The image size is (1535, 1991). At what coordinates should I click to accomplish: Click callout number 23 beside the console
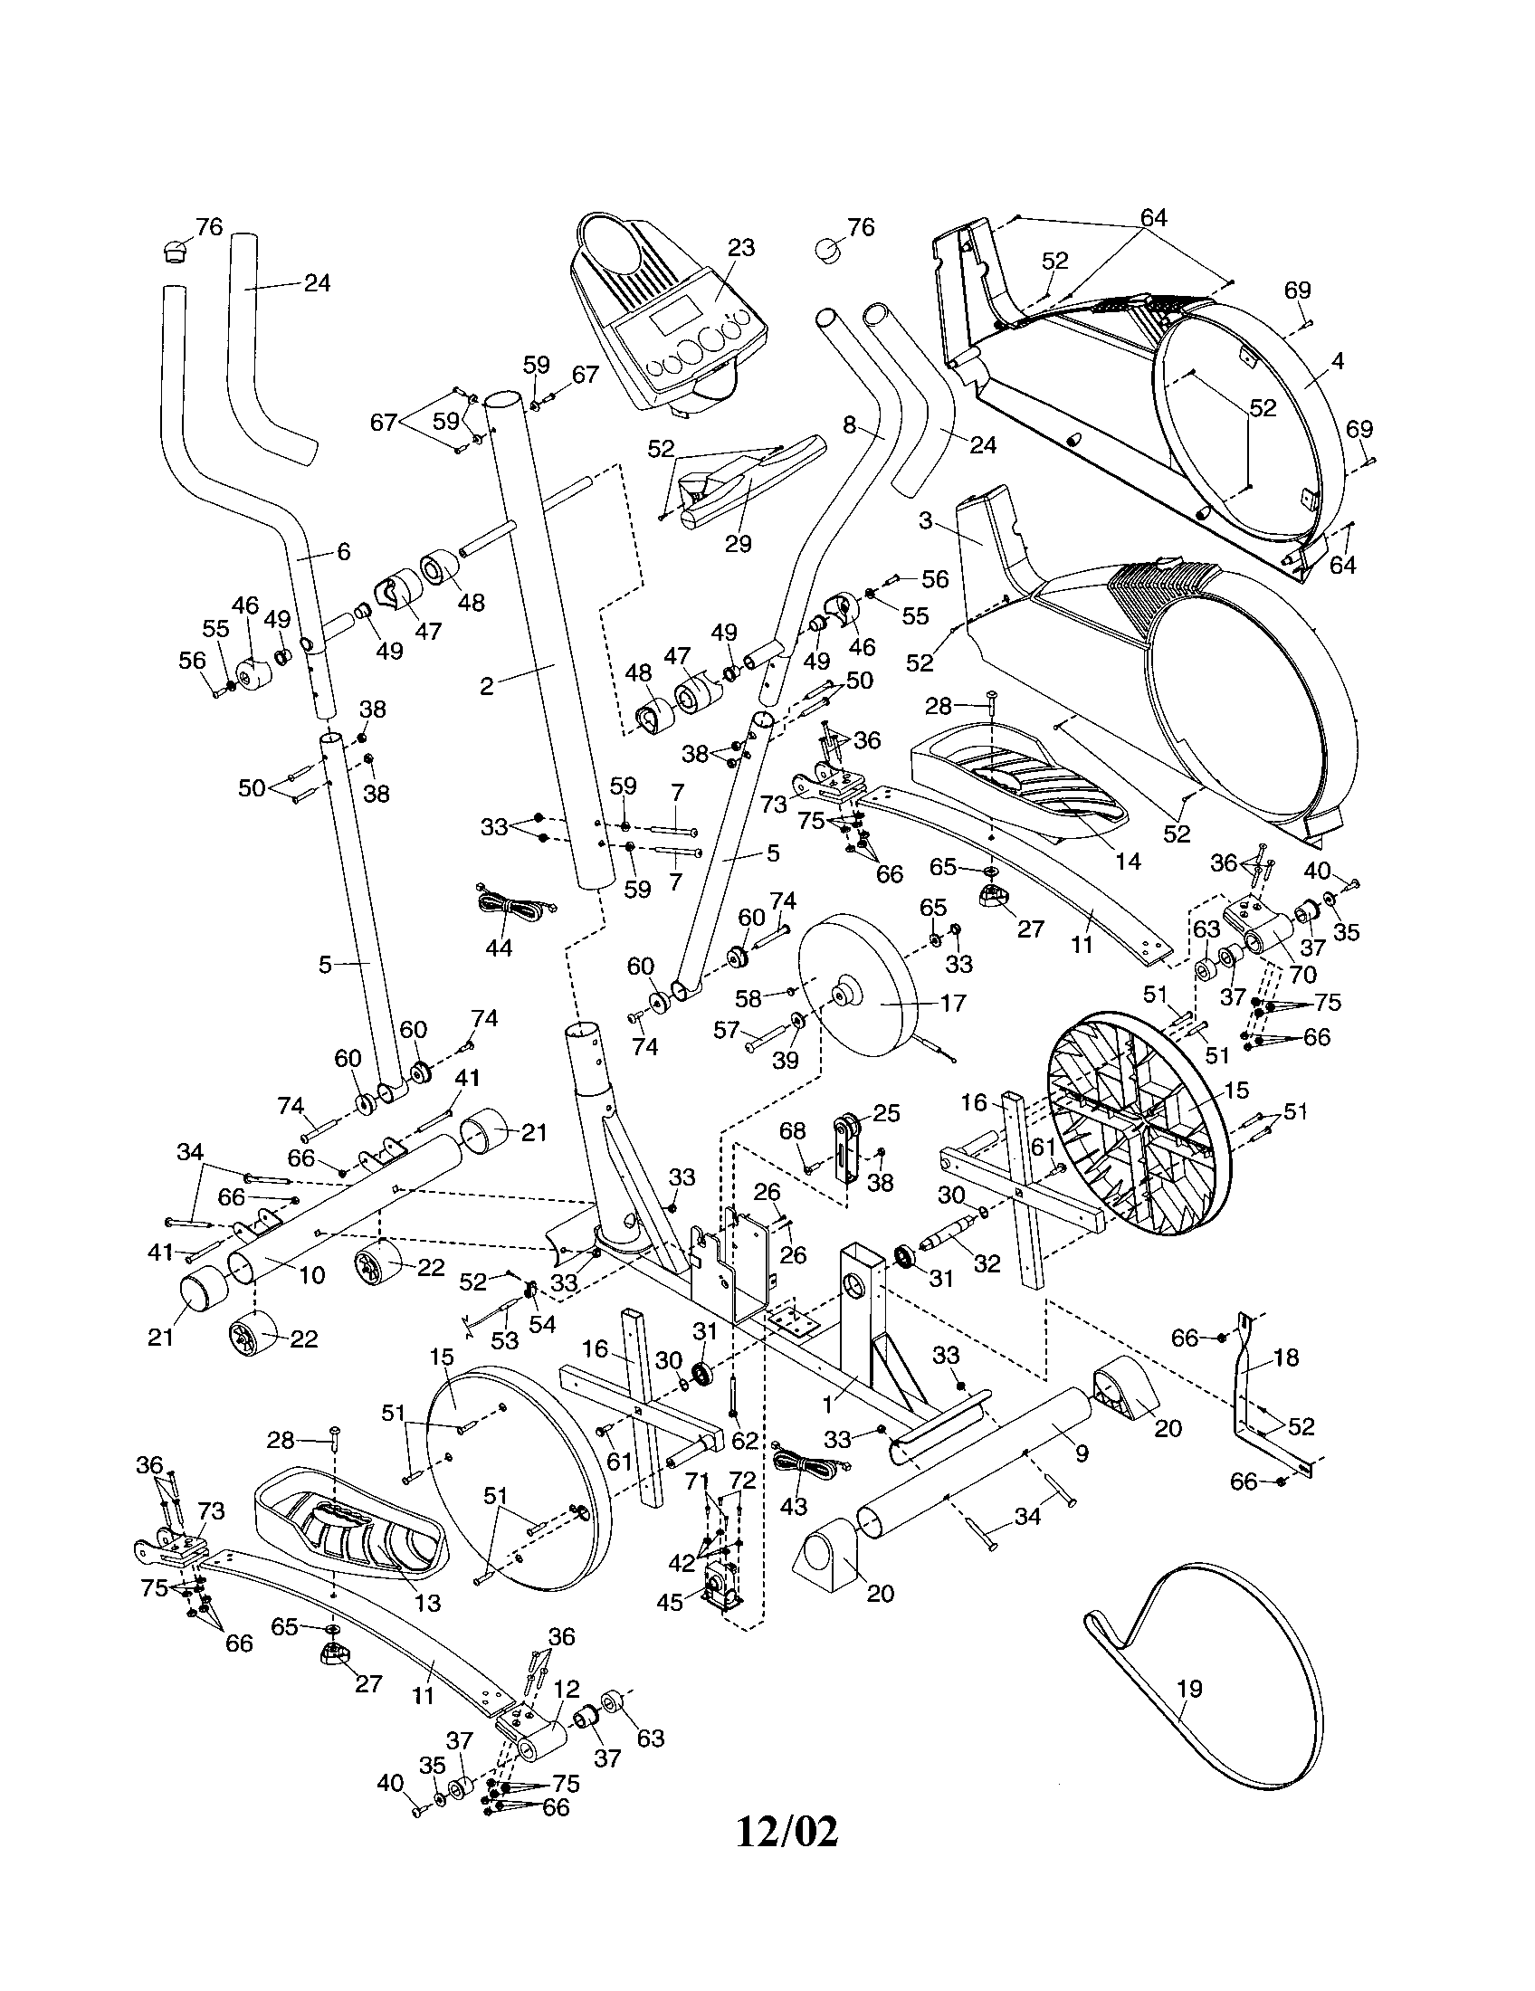tap(741, 248)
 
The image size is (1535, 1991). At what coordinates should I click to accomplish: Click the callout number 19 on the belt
tap(1189, 1690)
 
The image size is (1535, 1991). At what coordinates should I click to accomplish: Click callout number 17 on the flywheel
tap(951, 1003)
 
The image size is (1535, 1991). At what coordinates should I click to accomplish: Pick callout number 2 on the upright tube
tap(487, 687)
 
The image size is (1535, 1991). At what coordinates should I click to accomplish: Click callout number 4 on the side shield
tap(1337, 361)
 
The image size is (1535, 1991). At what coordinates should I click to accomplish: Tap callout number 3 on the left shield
tap(925, 521)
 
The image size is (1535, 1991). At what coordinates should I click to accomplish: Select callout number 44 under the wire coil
tap(498, 948)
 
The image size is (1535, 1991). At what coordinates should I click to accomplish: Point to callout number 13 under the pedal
tap(427, 1604)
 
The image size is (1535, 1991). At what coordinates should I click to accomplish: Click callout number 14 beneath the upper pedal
tap(1128, 861)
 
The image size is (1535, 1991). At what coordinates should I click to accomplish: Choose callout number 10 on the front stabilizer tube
tap(311, 1274)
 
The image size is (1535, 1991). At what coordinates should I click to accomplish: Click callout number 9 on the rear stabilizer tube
tap(1081, 1455)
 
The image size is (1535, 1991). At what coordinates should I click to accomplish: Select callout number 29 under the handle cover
tap(738, 543)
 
